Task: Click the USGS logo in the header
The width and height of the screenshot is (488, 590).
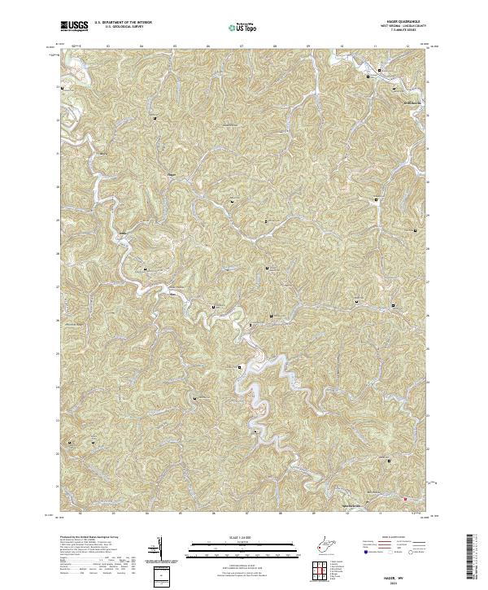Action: pos(75,27)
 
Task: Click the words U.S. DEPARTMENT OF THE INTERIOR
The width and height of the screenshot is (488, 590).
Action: pos(124,24)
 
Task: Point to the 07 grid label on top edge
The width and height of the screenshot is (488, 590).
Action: pos(242,46)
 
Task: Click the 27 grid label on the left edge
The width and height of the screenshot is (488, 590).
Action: pos(57,286)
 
